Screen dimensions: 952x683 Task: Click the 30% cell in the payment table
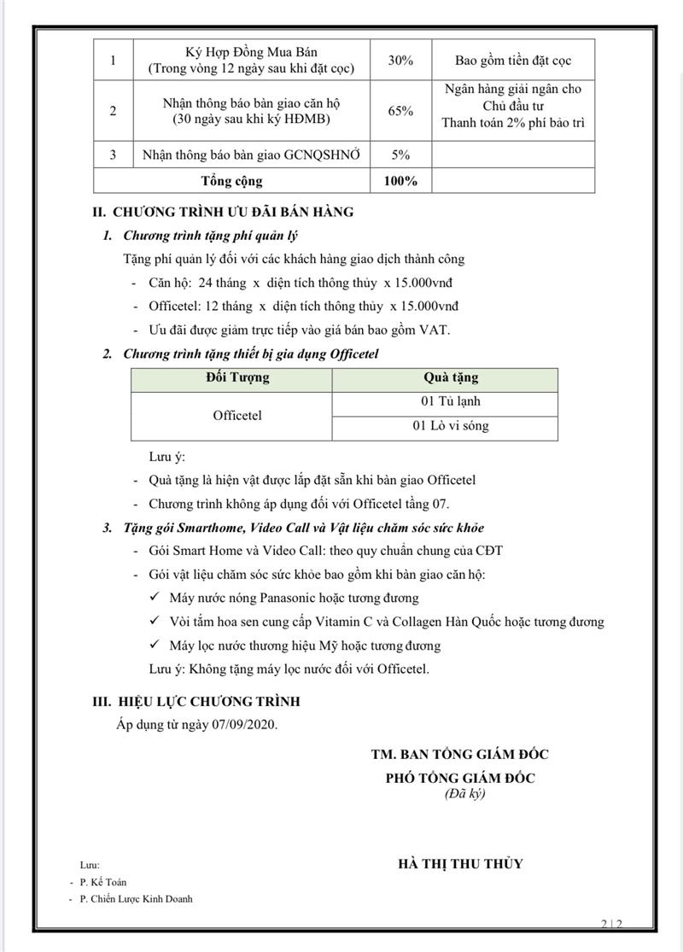[x=401, y=61]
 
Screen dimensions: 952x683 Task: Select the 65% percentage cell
[x=401, y=111]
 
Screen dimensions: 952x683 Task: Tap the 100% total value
[x=401, y=180]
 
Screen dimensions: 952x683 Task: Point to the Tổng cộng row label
[x=232, y=180]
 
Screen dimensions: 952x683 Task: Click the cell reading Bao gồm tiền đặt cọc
[x=513, y=61]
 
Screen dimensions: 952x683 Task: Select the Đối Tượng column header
[x=237, y=377]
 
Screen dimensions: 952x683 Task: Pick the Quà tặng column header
[x=451, y=377]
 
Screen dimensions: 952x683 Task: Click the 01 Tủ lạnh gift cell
[x=451, y=401]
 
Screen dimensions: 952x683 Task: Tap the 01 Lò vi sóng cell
[x=451, y=426]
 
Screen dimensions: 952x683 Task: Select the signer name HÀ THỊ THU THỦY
[x=461, y=863]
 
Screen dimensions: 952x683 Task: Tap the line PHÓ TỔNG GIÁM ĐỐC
[x=461, y=778]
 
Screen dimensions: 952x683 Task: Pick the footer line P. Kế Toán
[x=103, y=882]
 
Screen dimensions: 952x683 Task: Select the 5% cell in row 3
[x=401, y=155]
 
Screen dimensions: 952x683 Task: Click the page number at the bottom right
[x=612, y=924]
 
